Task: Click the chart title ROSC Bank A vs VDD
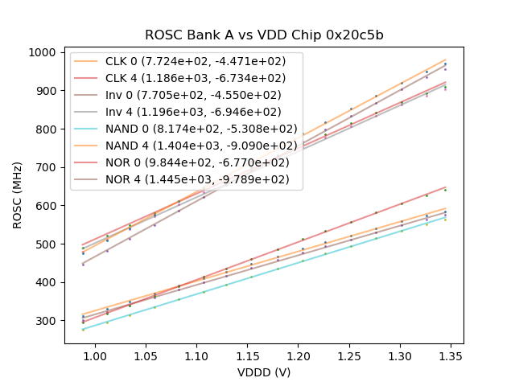(264, 35)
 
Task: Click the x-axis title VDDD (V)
(263, 372)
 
